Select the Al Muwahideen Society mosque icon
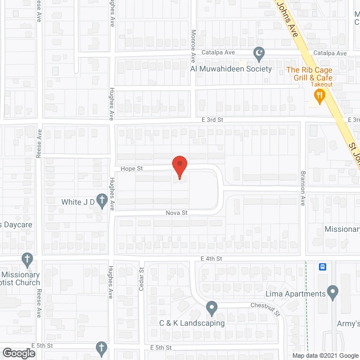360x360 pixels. click(259, 55)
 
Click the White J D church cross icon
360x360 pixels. click(102, 201)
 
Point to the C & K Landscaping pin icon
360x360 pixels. click(211, 308)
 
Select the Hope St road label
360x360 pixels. click(132, 168)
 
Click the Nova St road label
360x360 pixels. click(176, 213)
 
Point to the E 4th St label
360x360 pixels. click(212, 258)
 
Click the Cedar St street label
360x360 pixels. click(141, 279)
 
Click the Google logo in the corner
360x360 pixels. click(18, 353)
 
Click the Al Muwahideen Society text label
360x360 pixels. click(231, 69)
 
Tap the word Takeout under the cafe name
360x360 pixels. click(322, 84)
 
